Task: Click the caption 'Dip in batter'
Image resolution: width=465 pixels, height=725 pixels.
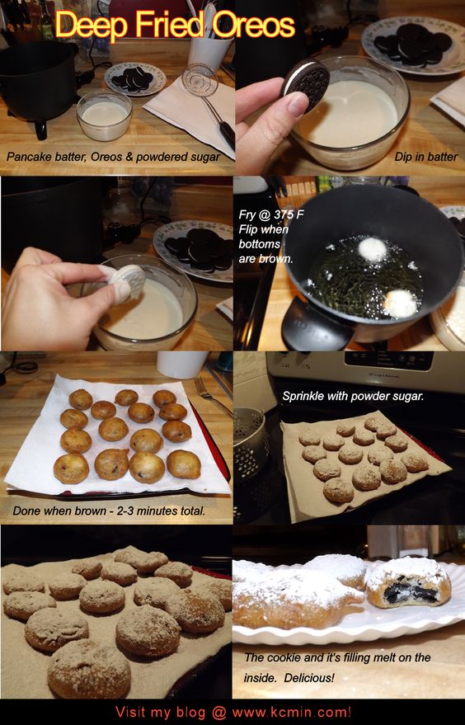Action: pyautogui.click(x=425, y=157)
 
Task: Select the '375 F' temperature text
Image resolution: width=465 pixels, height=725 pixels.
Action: pyautogui.click(x=285, y=214)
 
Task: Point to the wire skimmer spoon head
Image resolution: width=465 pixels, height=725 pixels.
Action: pyautogui.click(x=200, y=81)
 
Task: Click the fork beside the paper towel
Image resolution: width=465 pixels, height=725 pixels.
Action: pyautogui.click(x=213, y=395)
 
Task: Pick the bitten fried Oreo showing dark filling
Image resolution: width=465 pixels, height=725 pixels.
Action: pyautogui.click(x=409, y=582)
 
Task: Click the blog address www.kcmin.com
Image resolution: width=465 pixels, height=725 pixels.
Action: pyautogui.click(x=291, y=711)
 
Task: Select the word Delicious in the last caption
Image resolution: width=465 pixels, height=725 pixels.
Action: pyautogui.click(x=309, y=678)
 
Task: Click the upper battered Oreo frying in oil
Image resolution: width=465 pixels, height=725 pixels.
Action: pyautogui.click(x=373, y=250)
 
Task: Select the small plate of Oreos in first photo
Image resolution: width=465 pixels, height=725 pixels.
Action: pyautogui.click(x=135, y=78)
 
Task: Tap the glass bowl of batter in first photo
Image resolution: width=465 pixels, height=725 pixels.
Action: pyautogui.click(x=104, y=115)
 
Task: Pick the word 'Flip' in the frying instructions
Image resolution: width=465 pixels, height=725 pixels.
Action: pyautogui.click(x=249, y=229)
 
